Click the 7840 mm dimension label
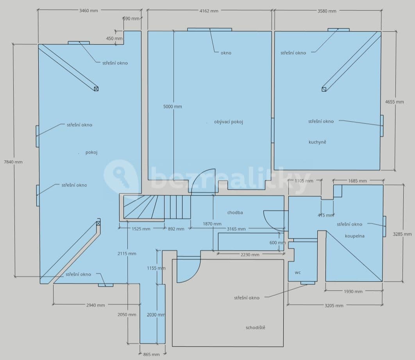(13, 162)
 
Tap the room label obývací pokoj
(229, 122)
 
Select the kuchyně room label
(317, 142)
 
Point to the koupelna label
(354, 236)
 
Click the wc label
(298, 272)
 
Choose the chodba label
(235, 213)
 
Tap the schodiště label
(255, 328)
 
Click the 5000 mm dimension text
(172, 107)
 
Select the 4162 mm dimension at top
(209, 11)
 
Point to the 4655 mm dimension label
(394, 102)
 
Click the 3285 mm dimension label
(402, 234)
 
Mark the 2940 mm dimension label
(95, 305)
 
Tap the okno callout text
(226, 53)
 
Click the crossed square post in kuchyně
(324, 90)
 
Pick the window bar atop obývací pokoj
(209, 29)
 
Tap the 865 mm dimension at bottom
(152, 355)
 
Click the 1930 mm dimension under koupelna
(353, 292)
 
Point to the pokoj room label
(91, 152)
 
